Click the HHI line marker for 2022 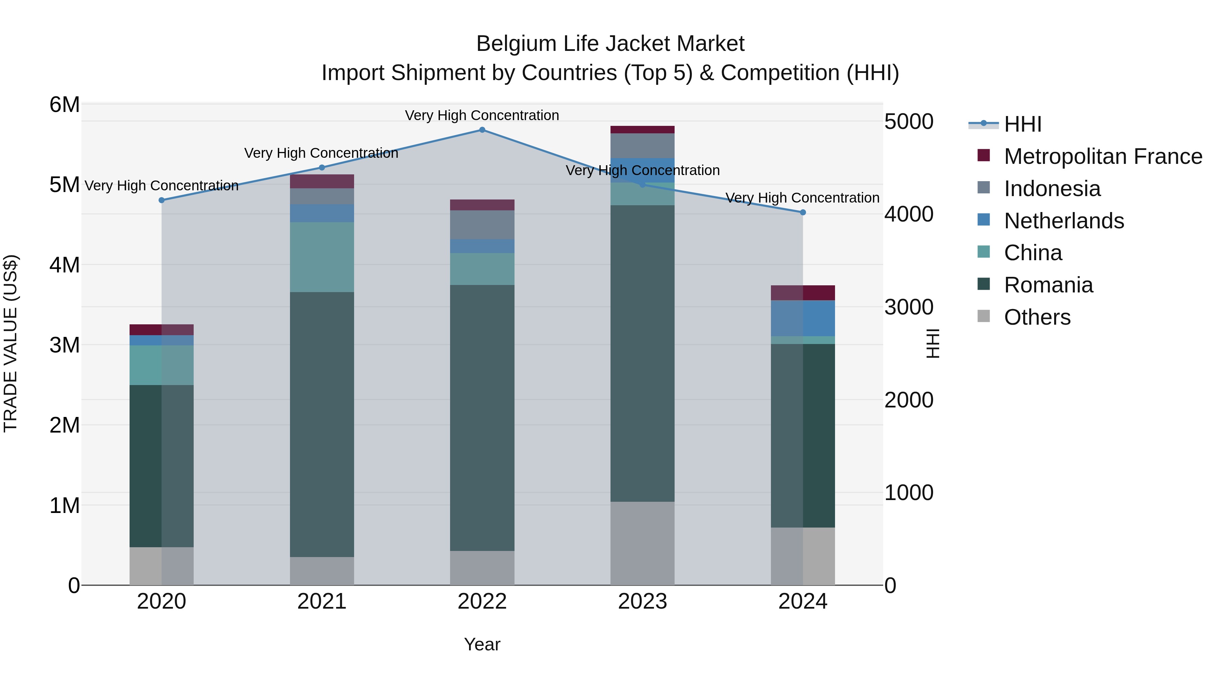tap(482, 130)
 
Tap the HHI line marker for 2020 tap(162, 200)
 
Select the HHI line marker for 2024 tap(803, 212)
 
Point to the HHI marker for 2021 tap(322, 167)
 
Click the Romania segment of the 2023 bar tap(642, 353)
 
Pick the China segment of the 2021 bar tap(322, 257)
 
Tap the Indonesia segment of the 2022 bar tap(482, 225)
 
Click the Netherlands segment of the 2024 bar tap(803, 318)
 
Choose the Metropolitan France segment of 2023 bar tap(642, 130)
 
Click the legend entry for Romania tap(1048, 285)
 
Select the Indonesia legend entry tap(1052, 189)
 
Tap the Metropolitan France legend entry tap(1103, 156)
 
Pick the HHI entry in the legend tap(1022, 124)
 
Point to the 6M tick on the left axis tap(64, 105)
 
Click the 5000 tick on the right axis tap(909, 122)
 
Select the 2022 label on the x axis tap(482, 602)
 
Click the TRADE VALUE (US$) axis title tap(11, 344)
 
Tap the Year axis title tap(482, 644)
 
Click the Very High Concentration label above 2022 tap(482, 116)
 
